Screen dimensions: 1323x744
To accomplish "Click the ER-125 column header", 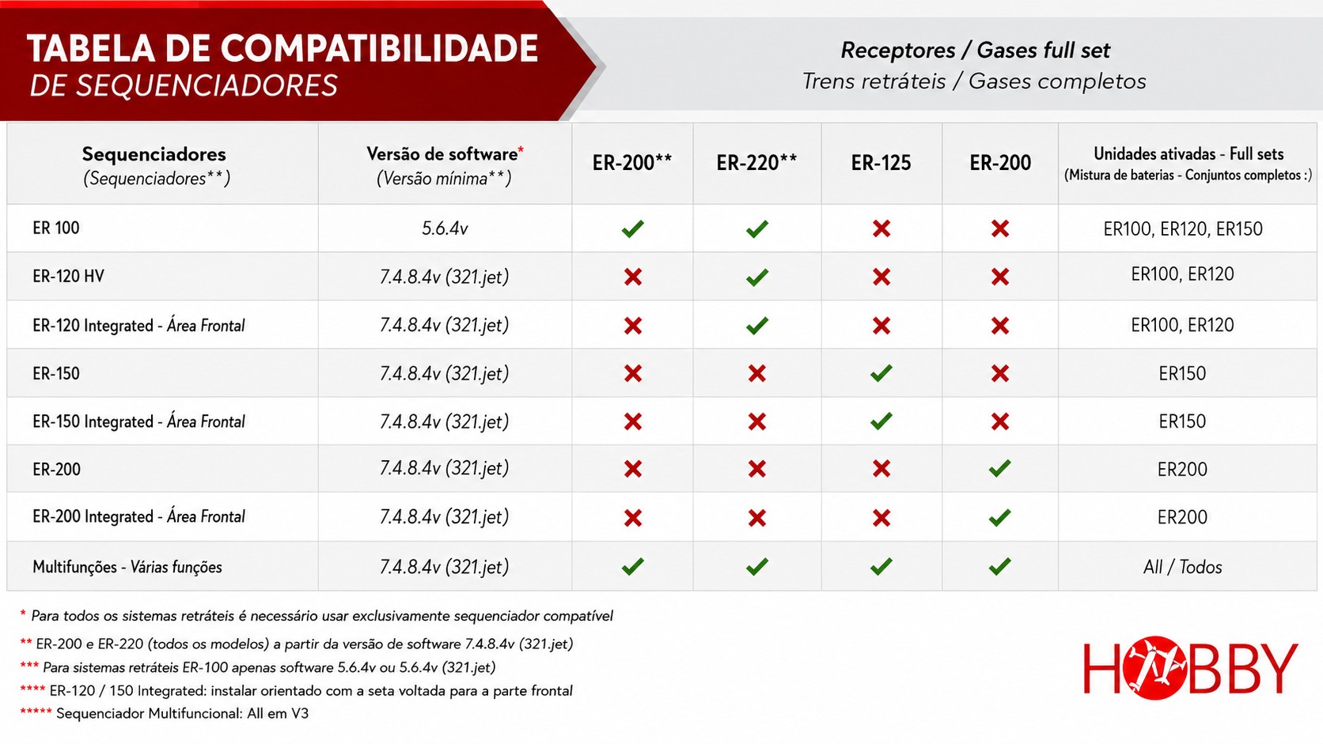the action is [881, 163].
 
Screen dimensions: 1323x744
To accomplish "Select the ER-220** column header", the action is [756, 162].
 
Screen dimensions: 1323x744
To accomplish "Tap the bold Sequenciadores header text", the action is [154, 154].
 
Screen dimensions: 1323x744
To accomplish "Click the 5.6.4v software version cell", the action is [445, 228].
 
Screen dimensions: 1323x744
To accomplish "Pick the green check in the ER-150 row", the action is [881, 373].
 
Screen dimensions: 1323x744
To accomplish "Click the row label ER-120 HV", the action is [69, 276].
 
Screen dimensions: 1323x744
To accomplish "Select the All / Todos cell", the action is [1182, 567].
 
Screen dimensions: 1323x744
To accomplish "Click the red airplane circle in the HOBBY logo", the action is [1155, 667].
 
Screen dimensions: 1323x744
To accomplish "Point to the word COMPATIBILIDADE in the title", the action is [378, 48].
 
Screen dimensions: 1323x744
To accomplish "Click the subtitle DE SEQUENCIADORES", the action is [184, 85].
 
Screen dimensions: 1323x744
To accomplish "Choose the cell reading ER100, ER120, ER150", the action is [1182, 229].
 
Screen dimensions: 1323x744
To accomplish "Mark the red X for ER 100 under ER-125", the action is [881, 228].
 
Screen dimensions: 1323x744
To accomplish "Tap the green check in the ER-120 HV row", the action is [756, 277].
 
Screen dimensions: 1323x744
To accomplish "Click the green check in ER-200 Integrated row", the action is [999, 517].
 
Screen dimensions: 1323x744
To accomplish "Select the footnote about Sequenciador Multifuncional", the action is [165, 713].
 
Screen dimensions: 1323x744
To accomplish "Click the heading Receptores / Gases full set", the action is [975, 51].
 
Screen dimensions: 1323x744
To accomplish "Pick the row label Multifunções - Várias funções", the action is [127, 567].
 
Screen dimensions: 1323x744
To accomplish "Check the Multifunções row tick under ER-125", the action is [881, 566].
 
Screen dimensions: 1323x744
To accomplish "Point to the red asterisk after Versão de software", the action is [521, 149].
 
